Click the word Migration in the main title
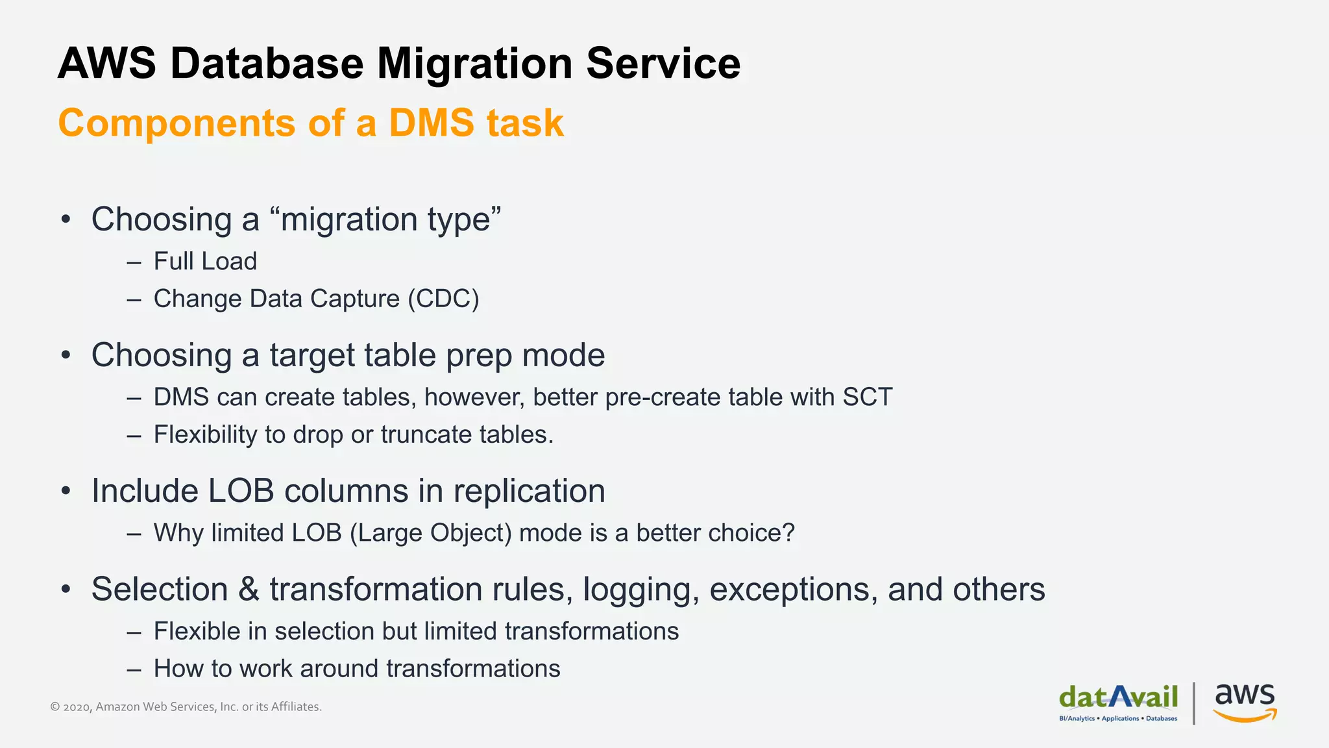coord(474,64)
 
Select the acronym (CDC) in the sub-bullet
coord(443,299)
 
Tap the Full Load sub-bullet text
coord(205,262)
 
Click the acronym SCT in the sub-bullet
coord(867,397)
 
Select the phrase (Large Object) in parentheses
coord(430,533)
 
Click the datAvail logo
coord(1118,702)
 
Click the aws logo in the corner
coord(1245,702)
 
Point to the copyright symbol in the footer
coord(55,707)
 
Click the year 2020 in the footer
coord(77,707)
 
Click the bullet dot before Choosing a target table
coord(66,356)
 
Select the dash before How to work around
coord(134,669)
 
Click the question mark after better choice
coord(788,533)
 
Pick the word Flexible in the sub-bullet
coord(197,631)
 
